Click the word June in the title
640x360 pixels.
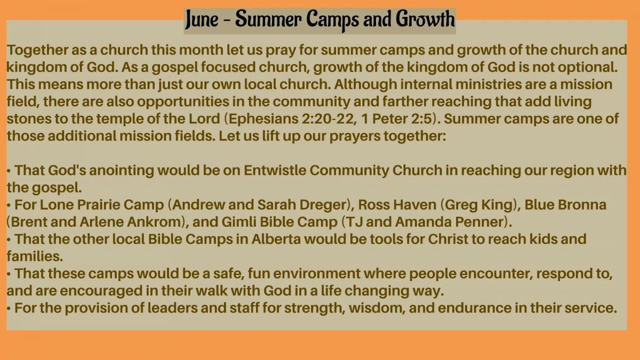pyautogui.click(x=202, y=19)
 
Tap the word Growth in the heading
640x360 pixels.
pyautogui.click(x=425, y=19)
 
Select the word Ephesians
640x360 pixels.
pyautogui.click(x=263, y=119)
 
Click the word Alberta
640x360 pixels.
pyautogui.click(x=276, y=239)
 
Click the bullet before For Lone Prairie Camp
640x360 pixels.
pyautogui.click(x=9, y=206)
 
